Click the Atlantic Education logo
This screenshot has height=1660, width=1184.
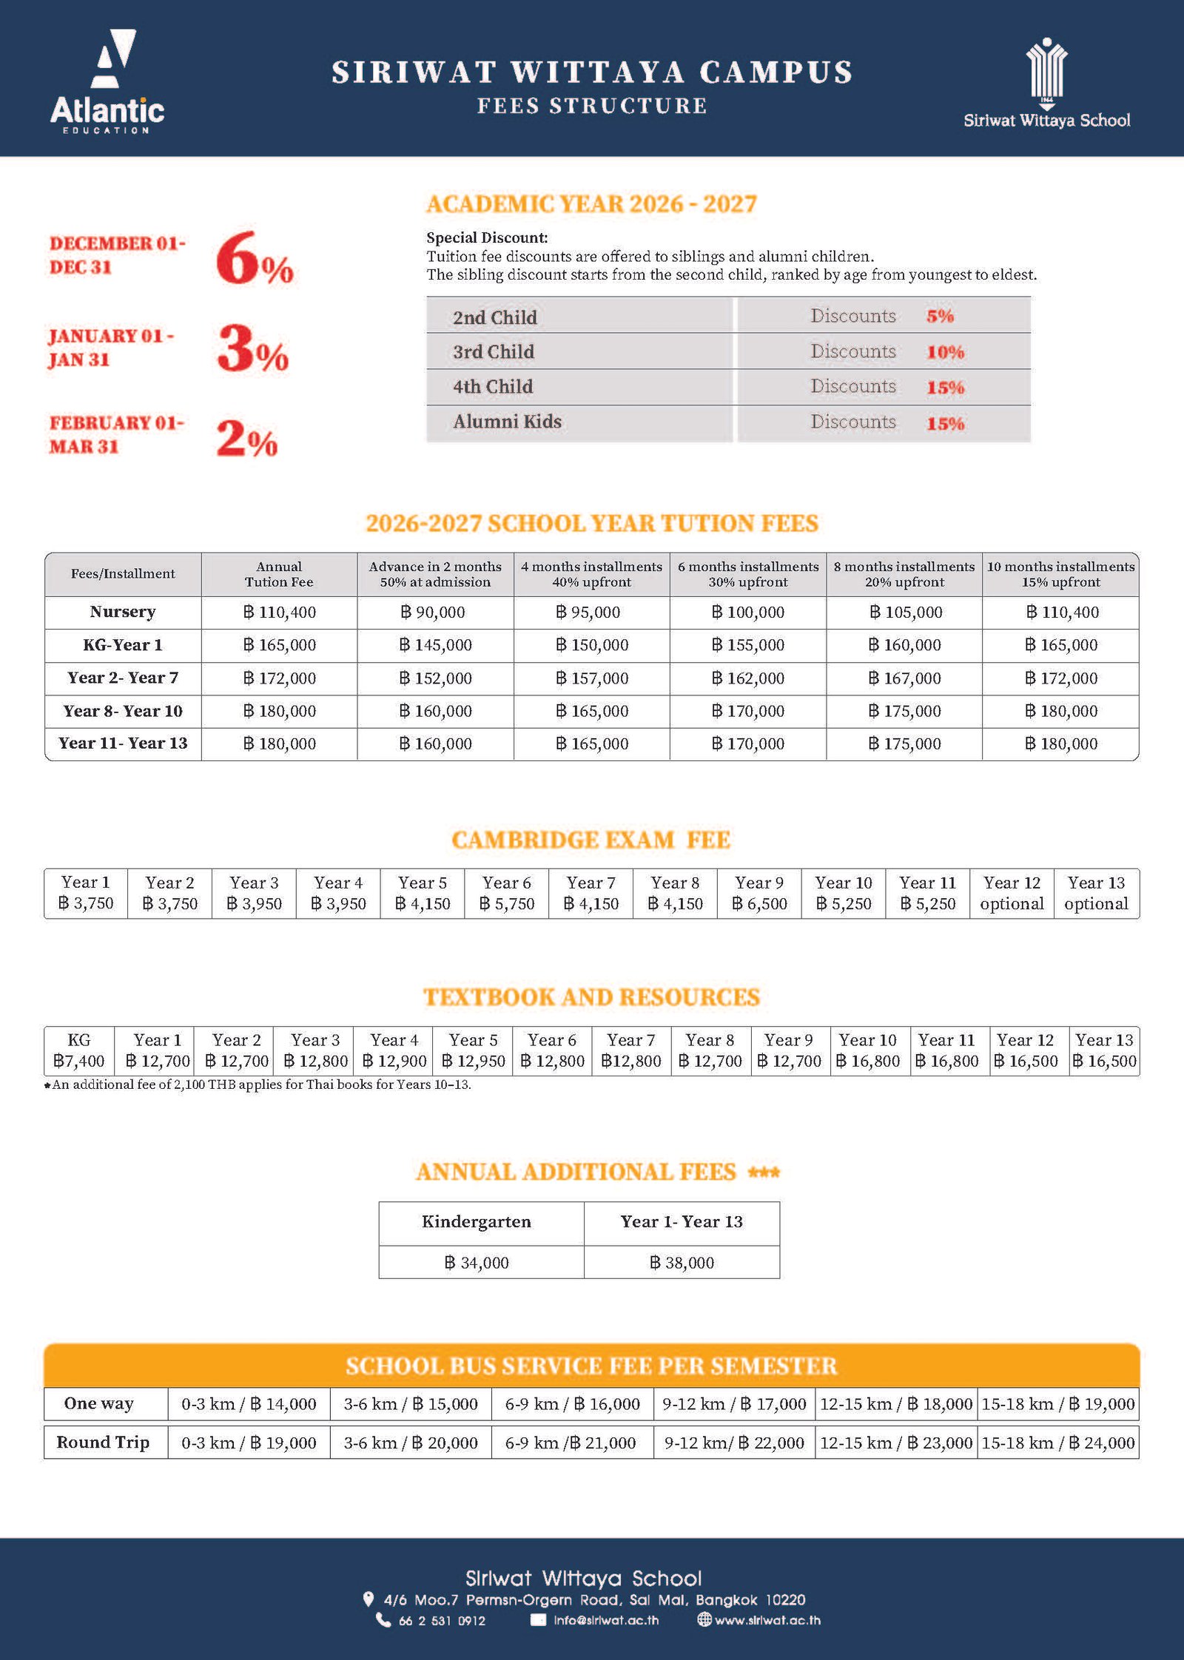click(x=108, y=81)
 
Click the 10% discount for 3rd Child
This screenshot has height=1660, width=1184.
click(x=945, y=352)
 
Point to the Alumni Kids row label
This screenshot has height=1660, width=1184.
click(x=507, y=422)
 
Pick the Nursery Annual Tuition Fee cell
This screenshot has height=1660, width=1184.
click(x=279, y=613)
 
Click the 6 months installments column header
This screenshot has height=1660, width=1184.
click(x=748, y=574)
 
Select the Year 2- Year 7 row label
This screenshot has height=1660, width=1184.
click(x=123, y=678)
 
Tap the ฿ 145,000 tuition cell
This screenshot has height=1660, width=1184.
click(x=435, y=645)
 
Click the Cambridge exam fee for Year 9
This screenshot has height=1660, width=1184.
click(x=758, y=894)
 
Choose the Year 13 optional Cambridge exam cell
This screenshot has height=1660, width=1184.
click(x=1096, y=894)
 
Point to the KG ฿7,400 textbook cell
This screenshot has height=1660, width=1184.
click(x=79, y=1051)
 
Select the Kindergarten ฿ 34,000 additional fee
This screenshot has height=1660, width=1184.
click(x=477, y=1263)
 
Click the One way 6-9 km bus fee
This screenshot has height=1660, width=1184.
click(x=572, y=1404)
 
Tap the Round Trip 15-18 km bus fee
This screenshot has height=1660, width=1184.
click(x=1057, y=1443)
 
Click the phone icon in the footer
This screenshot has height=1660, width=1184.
click(x=383, y=1620)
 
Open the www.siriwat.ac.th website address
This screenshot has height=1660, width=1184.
click(x=767, y=1620)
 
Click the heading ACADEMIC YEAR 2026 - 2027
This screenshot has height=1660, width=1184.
click(x=591, y=204)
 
